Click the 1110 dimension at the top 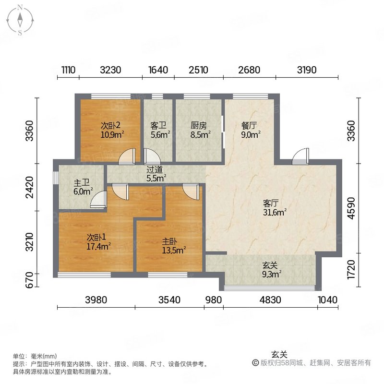pyautogui.click(x=69, y=70)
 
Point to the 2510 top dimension pyautogui.click(x=198, y=70)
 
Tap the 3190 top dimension pyautogui.click(x=307, y=70)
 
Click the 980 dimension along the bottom pyautogui.click(x=213, y=300)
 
